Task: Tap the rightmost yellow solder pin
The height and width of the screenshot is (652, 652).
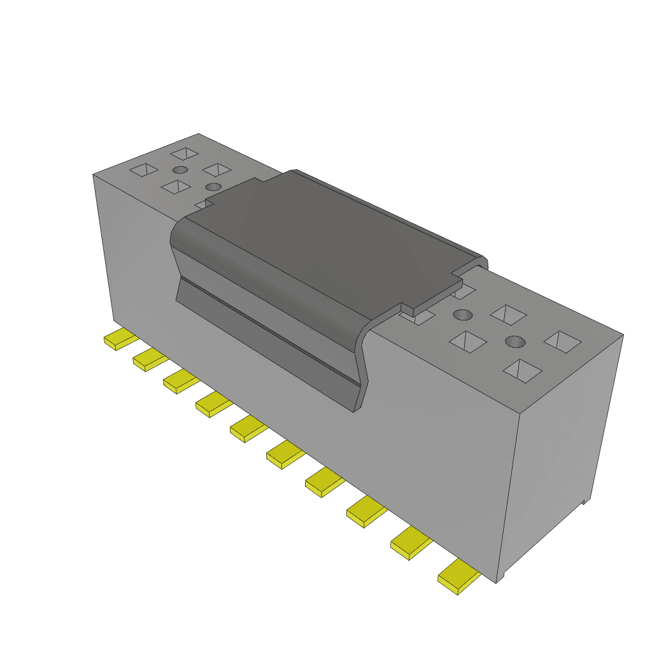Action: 457,578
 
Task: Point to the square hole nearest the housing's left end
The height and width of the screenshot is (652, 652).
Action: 143,170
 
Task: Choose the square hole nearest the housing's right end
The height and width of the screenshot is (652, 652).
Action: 563,341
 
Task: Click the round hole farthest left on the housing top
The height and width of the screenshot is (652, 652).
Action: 181,170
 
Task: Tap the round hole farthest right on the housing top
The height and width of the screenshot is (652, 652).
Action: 515,342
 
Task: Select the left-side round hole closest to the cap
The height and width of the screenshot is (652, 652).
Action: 214,187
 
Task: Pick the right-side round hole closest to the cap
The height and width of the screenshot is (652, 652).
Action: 464,315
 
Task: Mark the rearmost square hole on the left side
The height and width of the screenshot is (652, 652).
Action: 185,153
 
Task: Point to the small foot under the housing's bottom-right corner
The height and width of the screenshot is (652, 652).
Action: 501,578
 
